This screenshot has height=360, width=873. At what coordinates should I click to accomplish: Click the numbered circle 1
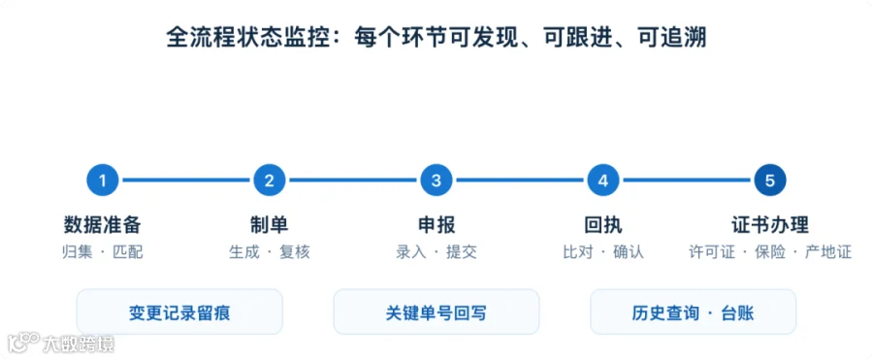coord(103,180)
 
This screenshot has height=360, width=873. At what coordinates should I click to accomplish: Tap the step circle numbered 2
coord(270,180)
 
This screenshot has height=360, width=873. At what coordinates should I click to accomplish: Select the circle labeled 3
coord(436,180)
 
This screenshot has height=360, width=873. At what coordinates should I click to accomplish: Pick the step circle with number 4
coord(603,180)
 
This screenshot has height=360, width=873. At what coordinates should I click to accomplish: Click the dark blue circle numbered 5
coord(770,180)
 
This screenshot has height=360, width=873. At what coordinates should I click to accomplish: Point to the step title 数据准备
coord(103,225)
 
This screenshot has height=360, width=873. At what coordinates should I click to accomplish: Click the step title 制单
coord(270,225)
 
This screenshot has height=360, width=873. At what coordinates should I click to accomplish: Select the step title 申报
coord(436,225)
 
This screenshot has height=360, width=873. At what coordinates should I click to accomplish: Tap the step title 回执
coord(603,225)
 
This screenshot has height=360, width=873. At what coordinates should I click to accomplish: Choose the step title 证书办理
coord(770,225)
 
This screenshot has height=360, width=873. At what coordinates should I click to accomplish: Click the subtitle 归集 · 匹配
coord(103,252)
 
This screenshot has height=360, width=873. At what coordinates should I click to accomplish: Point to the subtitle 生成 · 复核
coord(270,252)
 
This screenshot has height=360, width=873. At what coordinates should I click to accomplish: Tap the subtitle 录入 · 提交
coord(436,252)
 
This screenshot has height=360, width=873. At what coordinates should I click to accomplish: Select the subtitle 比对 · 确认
coord(603,252)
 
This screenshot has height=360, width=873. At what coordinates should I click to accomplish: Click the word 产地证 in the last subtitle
coord(829,252)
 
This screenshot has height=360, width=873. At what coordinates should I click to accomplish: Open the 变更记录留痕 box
coord(179,312)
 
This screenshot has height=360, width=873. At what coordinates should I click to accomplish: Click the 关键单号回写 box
coord(436,312)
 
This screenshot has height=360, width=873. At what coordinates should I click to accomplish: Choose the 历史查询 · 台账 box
coord(694,312)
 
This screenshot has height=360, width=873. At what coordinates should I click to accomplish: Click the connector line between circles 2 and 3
coord(353,180)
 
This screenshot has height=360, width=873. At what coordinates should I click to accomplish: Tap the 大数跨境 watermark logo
coord(61,343)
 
